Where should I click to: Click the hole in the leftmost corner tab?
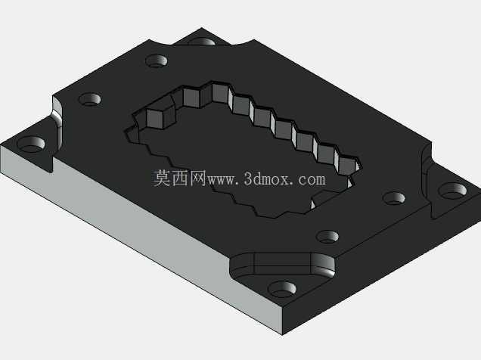point(31,144)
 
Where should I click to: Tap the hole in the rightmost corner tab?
point(452,191)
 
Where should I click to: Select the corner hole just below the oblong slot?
point(282,289)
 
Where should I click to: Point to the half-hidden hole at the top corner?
point(201,42)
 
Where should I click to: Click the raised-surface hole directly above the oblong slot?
point(327,237)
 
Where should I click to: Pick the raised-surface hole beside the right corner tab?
point(394,198)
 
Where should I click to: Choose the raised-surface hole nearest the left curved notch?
point(90,99)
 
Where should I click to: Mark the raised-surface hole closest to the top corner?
point(157,61)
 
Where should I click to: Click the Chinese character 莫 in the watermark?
point(162,178)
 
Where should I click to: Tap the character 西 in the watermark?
point(180,178)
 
